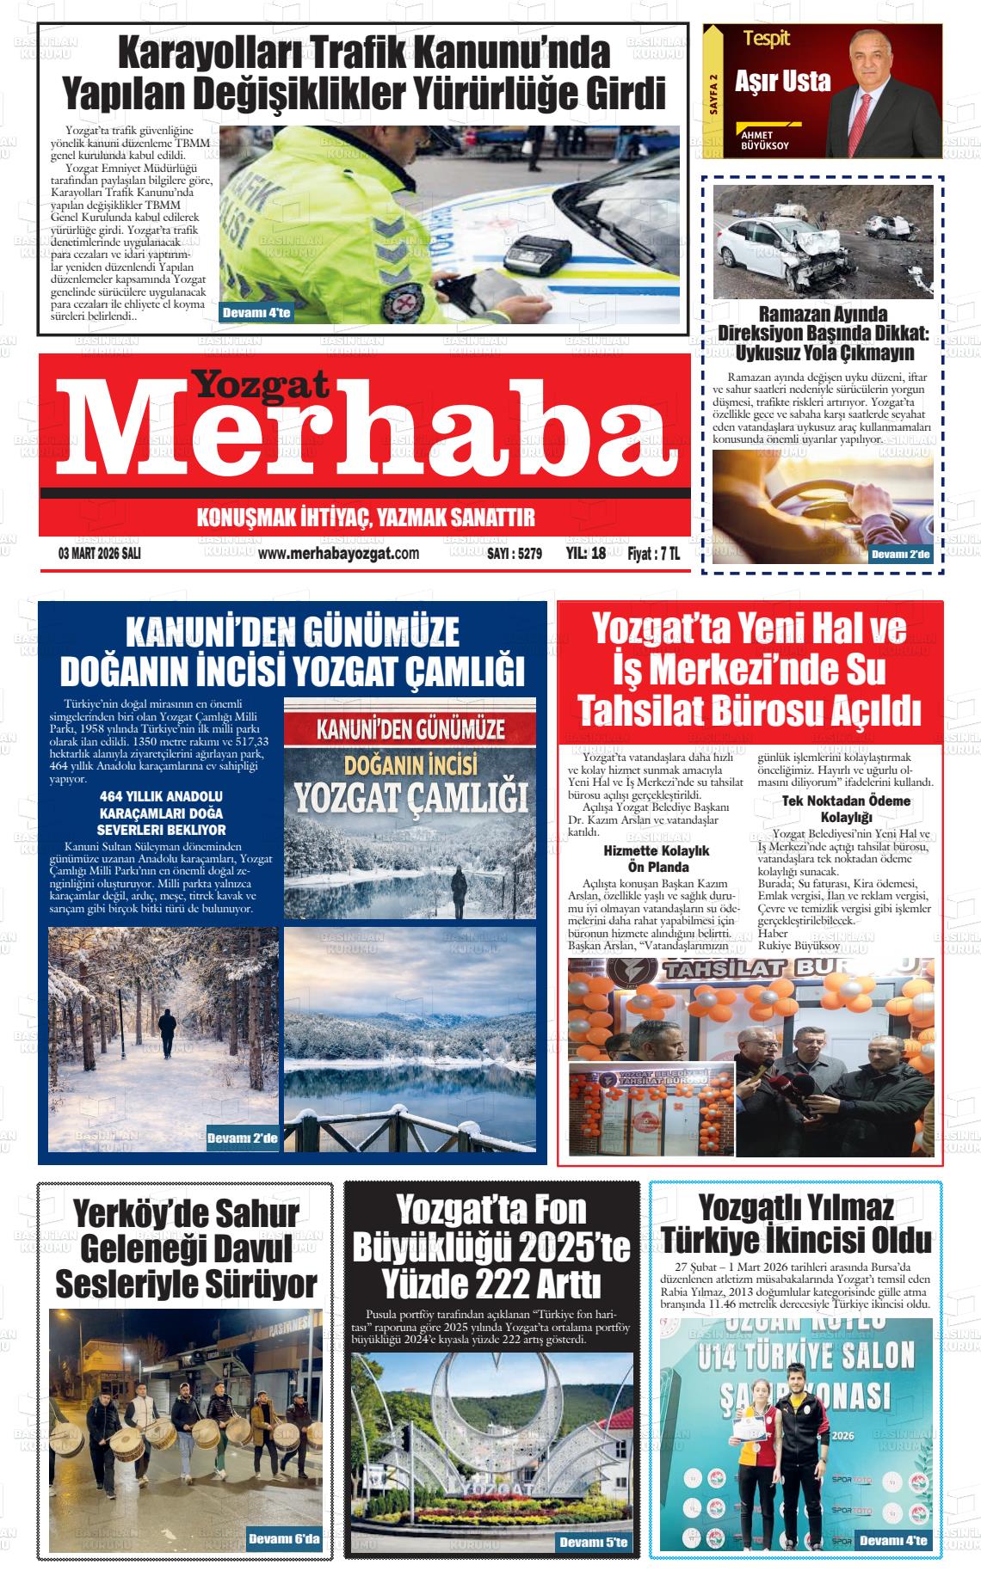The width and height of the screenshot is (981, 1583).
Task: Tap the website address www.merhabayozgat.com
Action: pyautogui.click(x=338, y=553)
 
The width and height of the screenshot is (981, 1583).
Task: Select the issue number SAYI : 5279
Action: pyautogui.click(x=514, y=554)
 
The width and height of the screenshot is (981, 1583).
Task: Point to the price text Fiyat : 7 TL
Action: pyautogui.click(x=653, y=554)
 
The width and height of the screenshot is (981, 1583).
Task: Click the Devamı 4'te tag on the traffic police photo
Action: pyautogui.click(x=256, y=313)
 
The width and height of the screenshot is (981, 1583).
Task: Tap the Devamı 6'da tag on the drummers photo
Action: pyautogui.click(x=283, y=1538)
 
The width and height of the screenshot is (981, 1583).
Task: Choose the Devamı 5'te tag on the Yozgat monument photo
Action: pyautogui.click(x=593, y=1543)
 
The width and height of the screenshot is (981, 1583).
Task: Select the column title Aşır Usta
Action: pyautogui.click(x=782, y=83)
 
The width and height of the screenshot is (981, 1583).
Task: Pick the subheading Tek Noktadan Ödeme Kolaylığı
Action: pyautogui.click(x=846, y=808)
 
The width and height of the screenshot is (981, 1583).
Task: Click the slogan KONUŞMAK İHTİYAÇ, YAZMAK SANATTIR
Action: pyautogui.click(x=366, y=518)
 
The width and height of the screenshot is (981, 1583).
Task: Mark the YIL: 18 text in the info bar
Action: pyautogui.click(x=586, y=554)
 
